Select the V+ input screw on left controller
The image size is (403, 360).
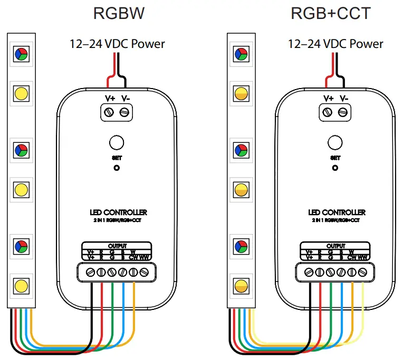110,112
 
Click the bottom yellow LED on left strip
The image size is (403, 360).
21,285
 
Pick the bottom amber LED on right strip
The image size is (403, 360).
240,285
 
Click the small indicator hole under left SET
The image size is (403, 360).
116,168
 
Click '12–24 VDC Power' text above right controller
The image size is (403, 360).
335,44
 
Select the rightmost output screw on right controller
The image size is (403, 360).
362,273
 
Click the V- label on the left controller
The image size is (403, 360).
126,99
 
